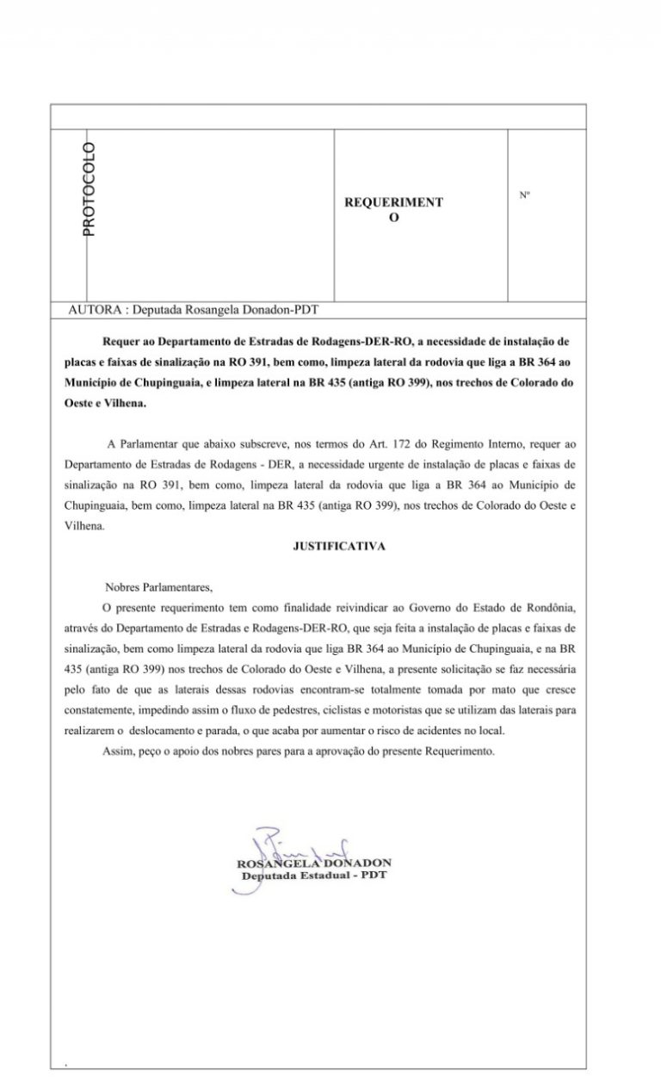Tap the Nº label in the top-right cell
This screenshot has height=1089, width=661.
524,195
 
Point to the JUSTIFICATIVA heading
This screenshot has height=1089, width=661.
340,546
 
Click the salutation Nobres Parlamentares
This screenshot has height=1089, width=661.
158,588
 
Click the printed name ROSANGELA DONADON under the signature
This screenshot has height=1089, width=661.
314,863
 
